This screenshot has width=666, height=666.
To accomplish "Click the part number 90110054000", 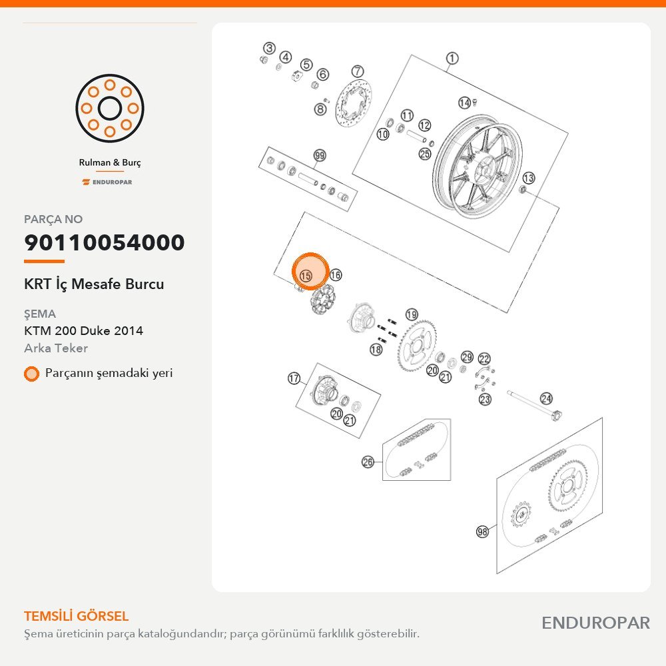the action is (105, 242).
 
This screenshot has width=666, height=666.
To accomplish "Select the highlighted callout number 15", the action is (306, 276).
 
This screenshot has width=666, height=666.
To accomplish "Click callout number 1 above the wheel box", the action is (452, 58).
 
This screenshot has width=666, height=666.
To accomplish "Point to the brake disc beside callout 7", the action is (354, 103).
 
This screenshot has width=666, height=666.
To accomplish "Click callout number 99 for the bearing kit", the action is (320, 155).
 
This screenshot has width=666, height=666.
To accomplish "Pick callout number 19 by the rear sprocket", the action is (412, 315).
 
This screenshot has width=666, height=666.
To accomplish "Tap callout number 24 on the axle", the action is (546, 398).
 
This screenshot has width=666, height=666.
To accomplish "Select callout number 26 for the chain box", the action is (368, 462).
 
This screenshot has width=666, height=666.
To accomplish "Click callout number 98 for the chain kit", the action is (482, 531).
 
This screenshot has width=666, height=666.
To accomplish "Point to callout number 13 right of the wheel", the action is (528, 178).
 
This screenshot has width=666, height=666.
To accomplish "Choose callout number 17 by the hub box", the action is (294, 378).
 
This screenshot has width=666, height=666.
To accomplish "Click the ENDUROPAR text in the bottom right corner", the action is (595, 623).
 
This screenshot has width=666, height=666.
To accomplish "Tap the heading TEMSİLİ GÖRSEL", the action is (77, 616).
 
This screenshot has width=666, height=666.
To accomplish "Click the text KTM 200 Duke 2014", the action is (84, 330).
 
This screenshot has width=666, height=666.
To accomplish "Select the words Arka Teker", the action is (56, 348).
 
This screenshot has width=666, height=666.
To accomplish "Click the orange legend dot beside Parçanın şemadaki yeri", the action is (31, 374).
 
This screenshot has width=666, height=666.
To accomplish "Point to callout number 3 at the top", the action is (269, 49).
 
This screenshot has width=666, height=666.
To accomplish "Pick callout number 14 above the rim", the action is (464, 103).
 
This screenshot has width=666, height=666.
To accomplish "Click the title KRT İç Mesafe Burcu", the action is (94, 284).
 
